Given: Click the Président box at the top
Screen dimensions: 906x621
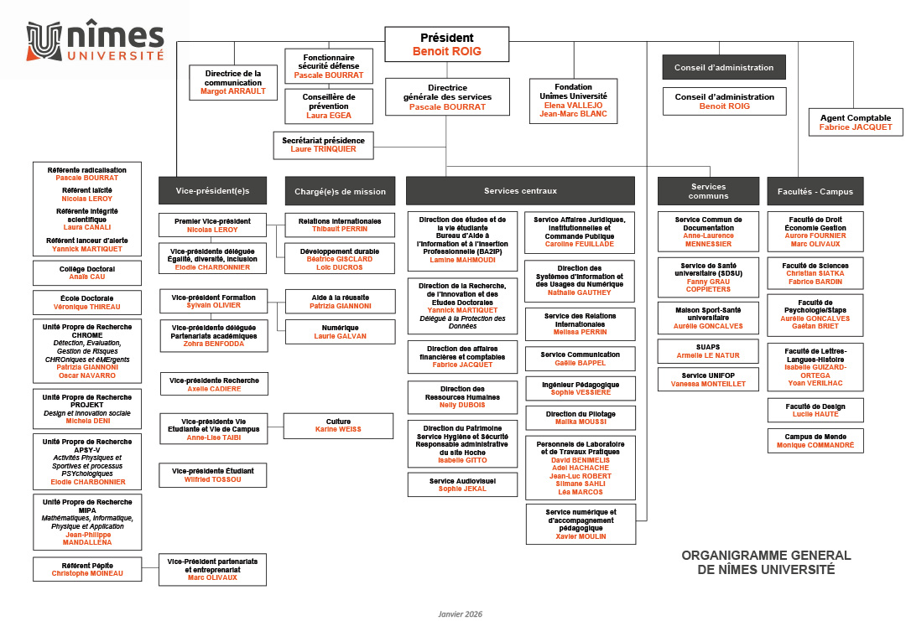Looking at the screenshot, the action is [x=446, y=44].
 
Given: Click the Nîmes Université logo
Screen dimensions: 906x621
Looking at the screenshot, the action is [x=96, y=40].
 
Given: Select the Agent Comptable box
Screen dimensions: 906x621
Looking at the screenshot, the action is [x=855, y=122].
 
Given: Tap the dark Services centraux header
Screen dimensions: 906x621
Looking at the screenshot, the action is [x=520, y=191].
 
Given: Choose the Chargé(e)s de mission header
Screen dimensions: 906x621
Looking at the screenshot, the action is [x=340, y=191].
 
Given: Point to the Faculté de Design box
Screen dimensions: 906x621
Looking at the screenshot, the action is [x=815, y=411].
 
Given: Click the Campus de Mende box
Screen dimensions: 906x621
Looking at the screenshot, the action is [x=815, y=441].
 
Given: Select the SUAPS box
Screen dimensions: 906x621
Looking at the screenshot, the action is [x=708, y=351].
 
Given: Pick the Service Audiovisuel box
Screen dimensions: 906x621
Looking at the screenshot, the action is [x=462, y=484].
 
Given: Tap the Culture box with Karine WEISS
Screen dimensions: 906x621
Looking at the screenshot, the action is [x=338, y=426].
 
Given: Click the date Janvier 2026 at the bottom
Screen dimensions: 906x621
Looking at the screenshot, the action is [x=460, y=613].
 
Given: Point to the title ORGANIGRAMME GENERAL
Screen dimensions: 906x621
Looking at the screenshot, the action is [x=766, y=555].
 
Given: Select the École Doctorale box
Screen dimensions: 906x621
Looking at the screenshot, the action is [x=87, y=303].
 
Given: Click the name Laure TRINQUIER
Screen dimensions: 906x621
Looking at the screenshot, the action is [x=323, y=149].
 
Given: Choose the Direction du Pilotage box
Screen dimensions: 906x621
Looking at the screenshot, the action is [x=581, y=418].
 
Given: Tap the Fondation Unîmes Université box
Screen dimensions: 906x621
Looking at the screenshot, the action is [x=573, y=101].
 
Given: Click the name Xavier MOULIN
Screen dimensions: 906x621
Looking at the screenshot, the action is [x=581, y=536].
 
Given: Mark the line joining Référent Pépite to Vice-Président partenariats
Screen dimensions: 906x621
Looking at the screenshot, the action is [x=150, y=568].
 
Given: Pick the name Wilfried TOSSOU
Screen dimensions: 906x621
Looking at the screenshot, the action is [x=212, y=479].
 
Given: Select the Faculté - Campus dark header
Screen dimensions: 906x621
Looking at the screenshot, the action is [x=815, y=191].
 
